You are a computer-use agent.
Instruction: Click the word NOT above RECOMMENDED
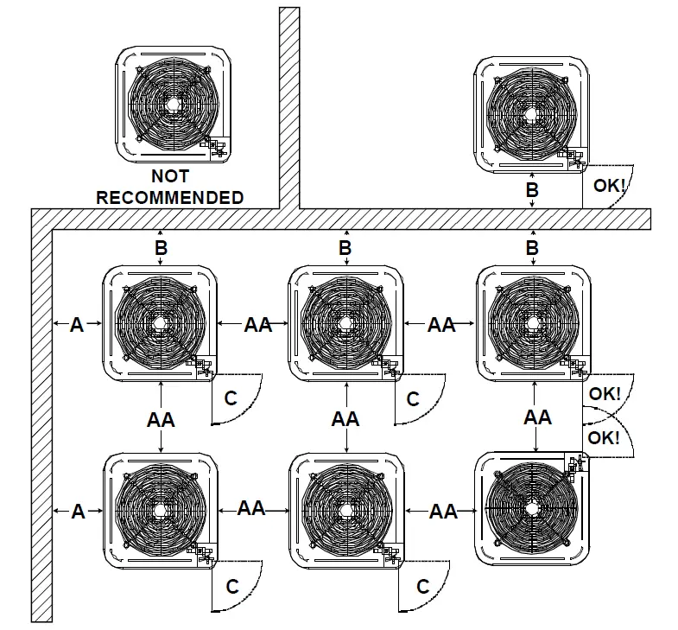click(x=169, y=177)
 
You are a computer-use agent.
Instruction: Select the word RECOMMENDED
click(x=169, y=197)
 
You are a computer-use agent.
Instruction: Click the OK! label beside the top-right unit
click(x=609, y=185)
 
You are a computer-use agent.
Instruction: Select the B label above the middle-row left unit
click(x=161, y=249)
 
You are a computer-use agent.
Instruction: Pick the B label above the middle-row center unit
click(x=345, y=249)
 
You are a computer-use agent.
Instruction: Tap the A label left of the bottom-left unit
click(x=78, y=512)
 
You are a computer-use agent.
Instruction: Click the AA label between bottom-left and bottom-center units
click(x=251, y=508)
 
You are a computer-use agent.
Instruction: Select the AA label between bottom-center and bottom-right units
click(x=443, y=512)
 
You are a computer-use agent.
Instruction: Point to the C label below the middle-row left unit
click(x=231, y=399)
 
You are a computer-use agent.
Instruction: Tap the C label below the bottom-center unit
click(x=422, y=587)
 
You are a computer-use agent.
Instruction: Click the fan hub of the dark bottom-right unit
click(x=533, y=510)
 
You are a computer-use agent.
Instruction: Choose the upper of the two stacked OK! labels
click(x=605, y=393)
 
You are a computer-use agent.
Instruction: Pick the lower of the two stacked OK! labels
click(x=605, y=437)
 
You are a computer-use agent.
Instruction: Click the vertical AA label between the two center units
click(x=345, y=419)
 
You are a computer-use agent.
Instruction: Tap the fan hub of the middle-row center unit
click(x=345, y=323)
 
